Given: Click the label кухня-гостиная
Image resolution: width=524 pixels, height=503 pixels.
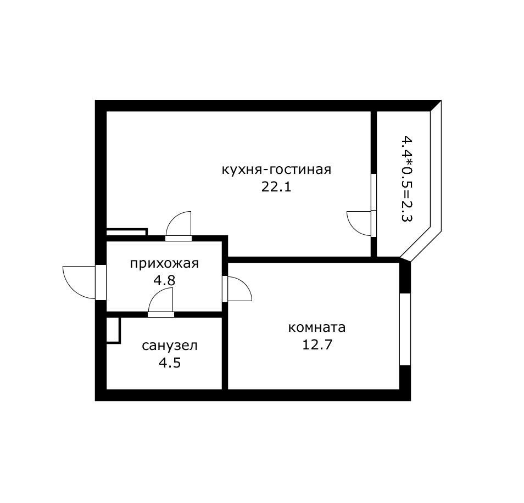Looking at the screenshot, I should click(276, 169).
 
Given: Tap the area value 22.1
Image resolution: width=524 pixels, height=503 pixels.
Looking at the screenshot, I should click(276, 186).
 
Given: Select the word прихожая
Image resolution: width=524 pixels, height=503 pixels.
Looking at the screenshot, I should click(164, 263).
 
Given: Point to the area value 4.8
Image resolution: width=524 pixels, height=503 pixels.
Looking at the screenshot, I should click(164, 280).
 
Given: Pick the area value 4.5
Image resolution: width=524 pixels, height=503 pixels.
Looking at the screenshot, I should click(170, 363).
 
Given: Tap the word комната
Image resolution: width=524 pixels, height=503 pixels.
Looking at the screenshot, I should click(317, 327).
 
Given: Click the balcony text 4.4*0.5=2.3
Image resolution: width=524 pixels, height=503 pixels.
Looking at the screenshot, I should click(407, 178).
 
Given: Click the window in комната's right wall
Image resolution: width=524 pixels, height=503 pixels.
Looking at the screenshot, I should click(405, 329).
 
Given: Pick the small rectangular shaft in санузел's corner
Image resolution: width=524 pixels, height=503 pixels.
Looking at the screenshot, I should click(113, 330).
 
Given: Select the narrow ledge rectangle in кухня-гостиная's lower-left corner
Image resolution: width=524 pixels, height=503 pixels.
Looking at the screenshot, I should click(126, 233).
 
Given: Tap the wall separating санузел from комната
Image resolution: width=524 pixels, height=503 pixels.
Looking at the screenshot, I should click(225, 354).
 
